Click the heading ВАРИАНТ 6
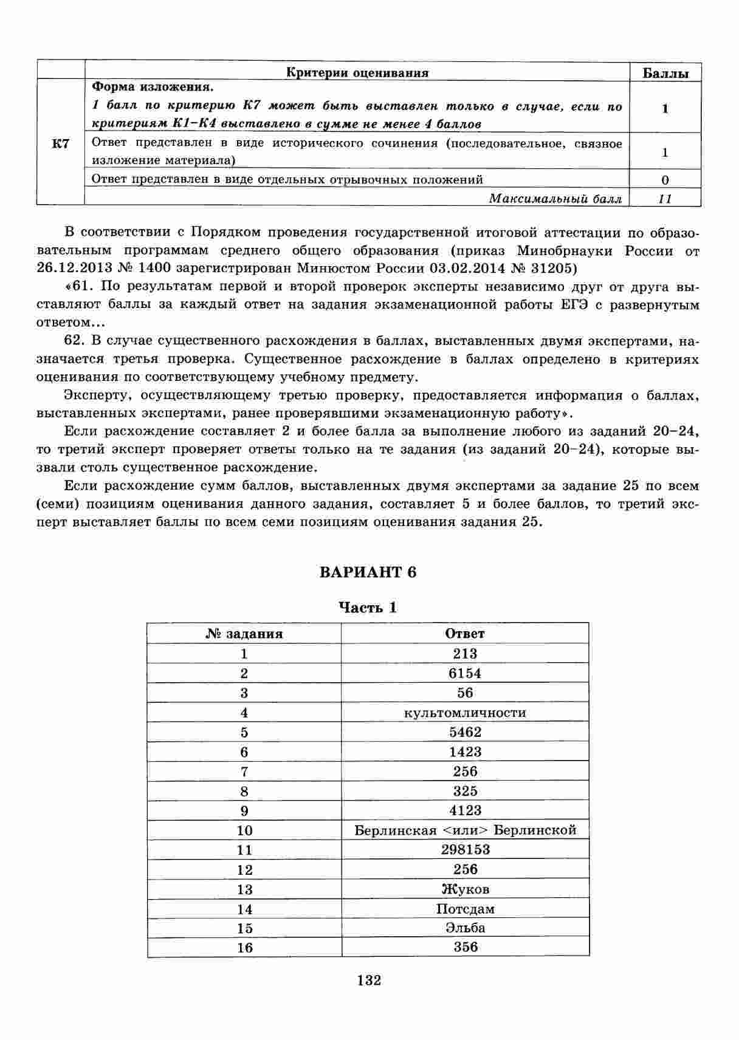[368, 572]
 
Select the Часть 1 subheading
[368, 607]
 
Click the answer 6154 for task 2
[465, 673]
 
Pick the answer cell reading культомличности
[465, 713]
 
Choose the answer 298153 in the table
[465, 849]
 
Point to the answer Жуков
[465, 889]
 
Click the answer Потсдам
[465, 909]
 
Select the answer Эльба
[465, 928]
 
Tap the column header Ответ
[465, 634]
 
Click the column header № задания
[244, 634]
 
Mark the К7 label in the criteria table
[60, 144]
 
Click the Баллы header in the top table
[665, 74]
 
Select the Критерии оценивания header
[357, 73]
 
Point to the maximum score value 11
[665, 199]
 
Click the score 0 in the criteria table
[665, 180]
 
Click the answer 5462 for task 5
[465, 732]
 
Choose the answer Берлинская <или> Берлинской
[465, 830]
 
